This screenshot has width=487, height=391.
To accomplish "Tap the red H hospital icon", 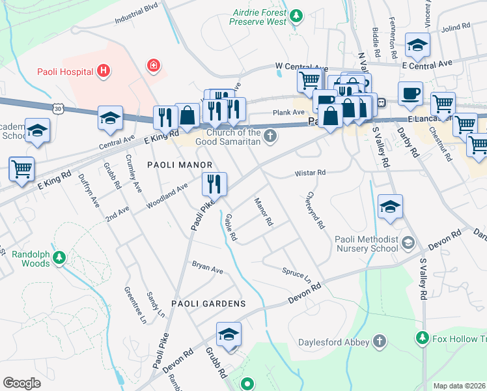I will [x=102, y=70].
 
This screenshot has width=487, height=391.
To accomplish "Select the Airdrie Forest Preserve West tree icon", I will [x=296, y=14].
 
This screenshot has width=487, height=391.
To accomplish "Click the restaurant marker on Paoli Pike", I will [x=214, y=184].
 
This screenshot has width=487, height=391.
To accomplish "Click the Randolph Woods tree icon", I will [x=59, y=258].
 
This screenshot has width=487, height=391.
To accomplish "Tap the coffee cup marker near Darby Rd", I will [x=410, y=94].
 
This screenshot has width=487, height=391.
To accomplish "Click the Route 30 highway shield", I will [x=59, y=106].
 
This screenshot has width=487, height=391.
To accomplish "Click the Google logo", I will [x=21, y=383].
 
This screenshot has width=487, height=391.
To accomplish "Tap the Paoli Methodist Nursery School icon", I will [x=408, y=243].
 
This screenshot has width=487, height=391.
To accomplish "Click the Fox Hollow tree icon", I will [x=423, y=338].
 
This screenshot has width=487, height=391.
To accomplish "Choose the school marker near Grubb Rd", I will [x=229, y=335].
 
